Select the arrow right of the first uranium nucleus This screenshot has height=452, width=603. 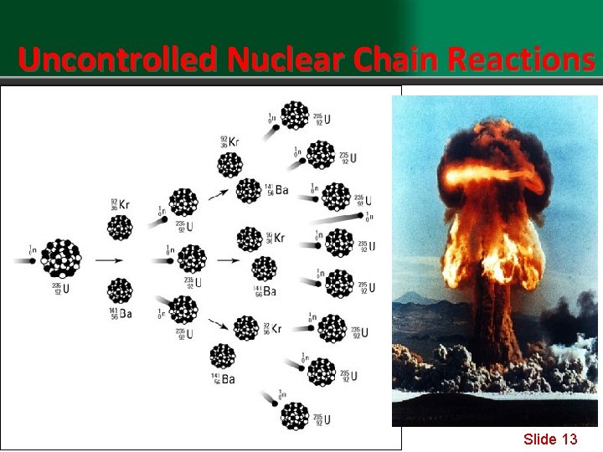click(108, 260)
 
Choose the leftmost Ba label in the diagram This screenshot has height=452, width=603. click(125, 314)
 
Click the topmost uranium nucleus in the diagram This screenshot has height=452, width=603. click(295, 115)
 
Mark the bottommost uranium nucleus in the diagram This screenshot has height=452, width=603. click(295, 416)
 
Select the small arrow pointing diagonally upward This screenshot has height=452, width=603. click(218, 193)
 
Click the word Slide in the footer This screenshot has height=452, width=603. click(540, 439)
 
